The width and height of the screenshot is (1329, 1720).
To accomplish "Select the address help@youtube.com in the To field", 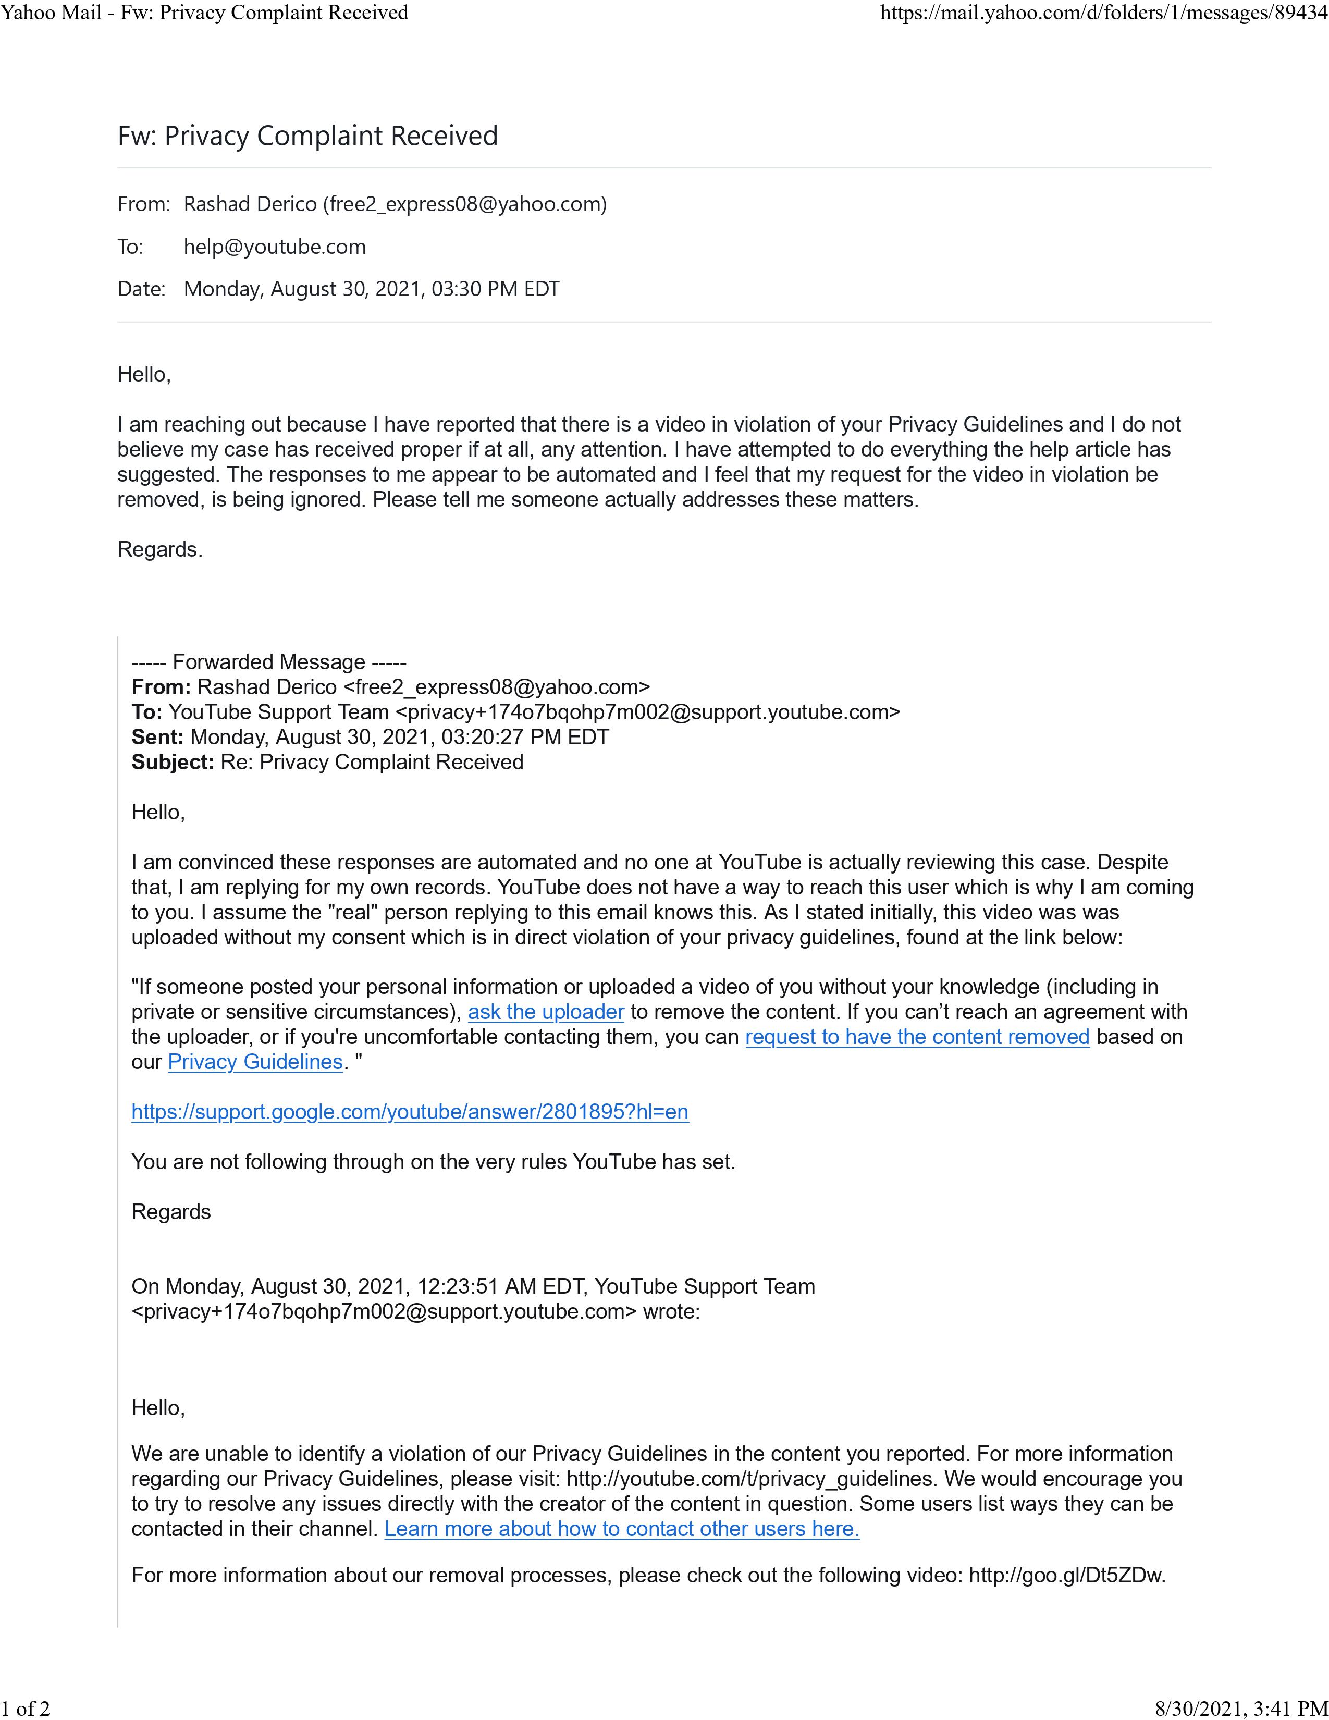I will point(274,247).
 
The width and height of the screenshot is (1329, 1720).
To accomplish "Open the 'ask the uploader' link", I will point(546,1012).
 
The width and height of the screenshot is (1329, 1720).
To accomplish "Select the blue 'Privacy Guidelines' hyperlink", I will point(255,1062).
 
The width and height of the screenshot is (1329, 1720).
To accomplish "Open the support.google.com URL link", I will point(410,1112).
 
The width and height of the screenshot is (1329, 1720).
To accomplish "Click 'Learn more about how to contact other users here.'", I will point(621,1529).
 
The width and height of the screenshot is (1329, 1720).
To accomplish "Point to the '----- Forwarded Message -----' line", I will point(268,661).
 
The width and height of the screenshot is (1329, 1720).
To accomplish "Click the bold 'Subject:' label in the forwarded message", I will point(173,763).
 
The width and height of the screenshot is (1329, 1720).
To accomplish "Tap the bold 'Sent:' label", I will point(157,737).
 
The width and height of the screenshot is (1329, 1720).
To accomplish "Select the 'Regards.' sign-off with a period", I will point(160,550).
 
